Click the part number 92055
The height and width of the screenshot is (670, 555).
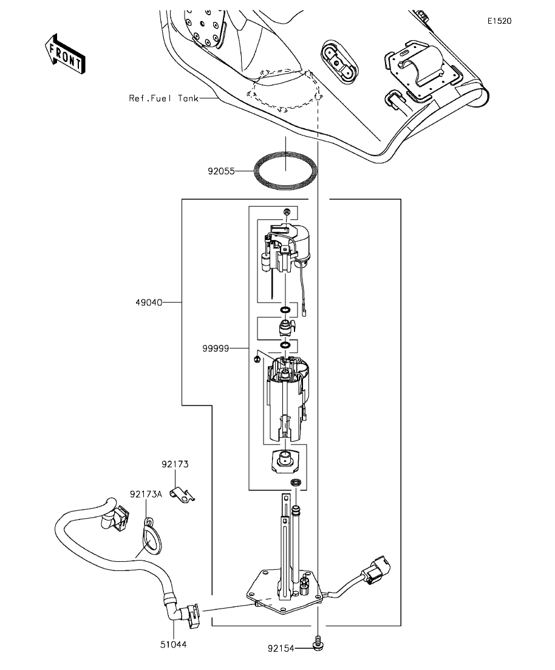pyautogui.click(x=221, y=171)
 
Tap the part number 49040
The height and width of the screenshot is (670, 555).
pyautogui.click(x=149, y=303)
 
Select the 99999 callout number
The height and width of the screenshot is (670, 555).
pyautogui.click(x=216, y=349)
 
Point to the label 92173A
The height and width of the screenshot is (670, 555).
pyautogui.click(x=146, y=494)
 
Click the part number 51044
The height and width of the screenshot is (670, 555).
pyautogui.click(x=174, y=644)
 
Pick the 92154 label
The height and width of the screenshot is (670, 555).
pyautogui.click(x=281, y=649)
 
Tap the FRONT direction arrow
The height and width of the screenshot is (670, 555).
pyautogui.click(x=65, y=54)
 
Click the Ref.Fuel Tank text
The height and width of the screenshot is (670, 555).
pyautogui.click(x=164, y=98)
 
